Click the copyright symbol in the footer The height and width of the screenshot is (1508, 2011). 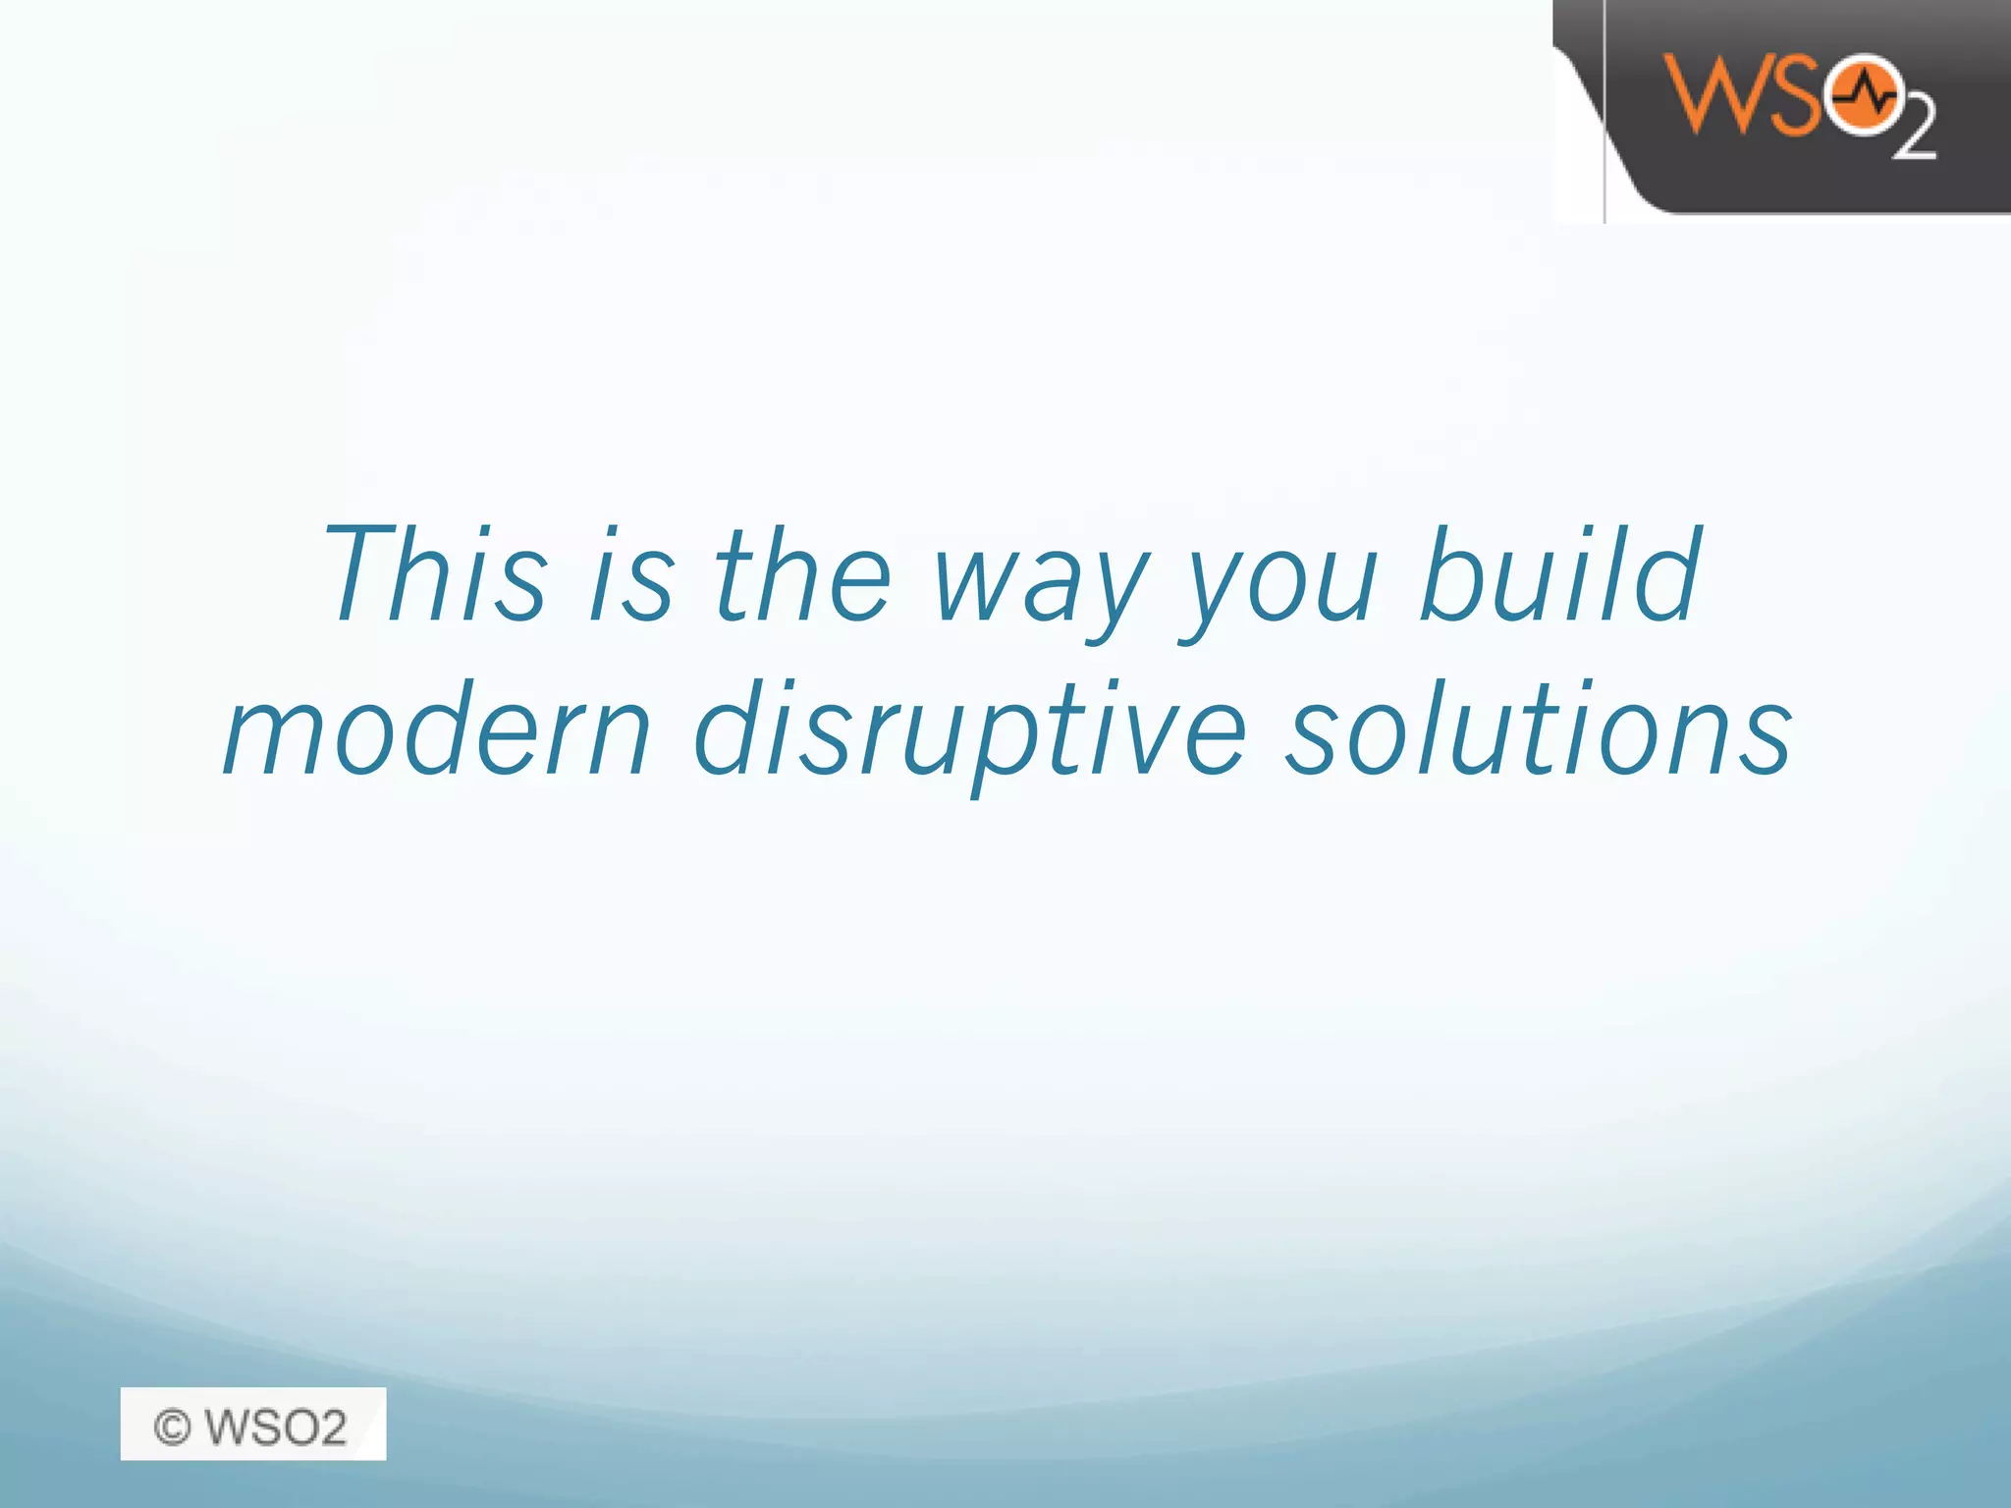point(173,1427)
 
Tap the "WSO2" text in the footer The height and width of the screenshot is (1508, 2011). point(276,1427)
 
